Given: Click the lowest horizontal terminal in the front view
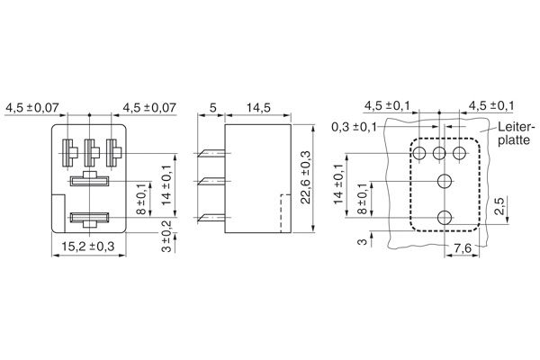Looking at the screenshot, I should tap(90, 216).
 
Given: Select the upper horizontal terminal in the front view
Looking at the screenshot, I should tap(90, 181).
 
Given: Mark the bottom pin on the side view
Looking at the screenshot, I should tap(212, 215).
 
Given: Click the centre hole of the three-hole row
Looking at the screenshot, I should tap(440, 153).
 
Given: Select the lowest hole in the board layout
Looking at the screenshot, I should tap(443, 216).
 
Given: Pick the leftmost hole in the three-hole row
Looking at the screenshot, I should tap(420, 153).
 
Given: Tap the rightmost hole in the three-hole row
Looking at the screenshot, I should tap(461, 153).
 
